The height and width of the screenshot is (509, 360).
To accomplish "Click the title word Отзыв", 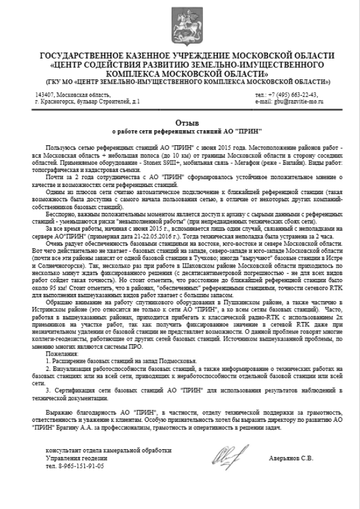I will coord(180,122).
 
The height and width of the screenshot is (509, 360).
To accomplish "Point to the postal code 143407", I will coord(45,94).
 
